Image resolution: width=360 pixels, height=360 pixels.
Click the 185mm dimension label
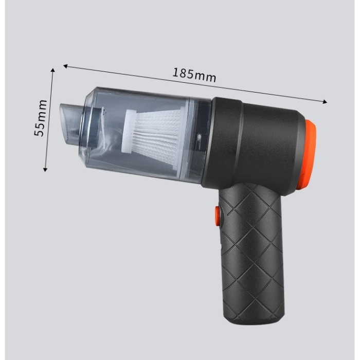tap(194, 75)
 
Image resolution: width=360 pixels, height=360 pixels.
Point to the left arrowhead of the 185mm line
tap(65, 66)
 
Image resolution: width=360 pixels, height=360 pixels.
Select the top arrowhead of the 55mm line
tap(52, 70)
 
